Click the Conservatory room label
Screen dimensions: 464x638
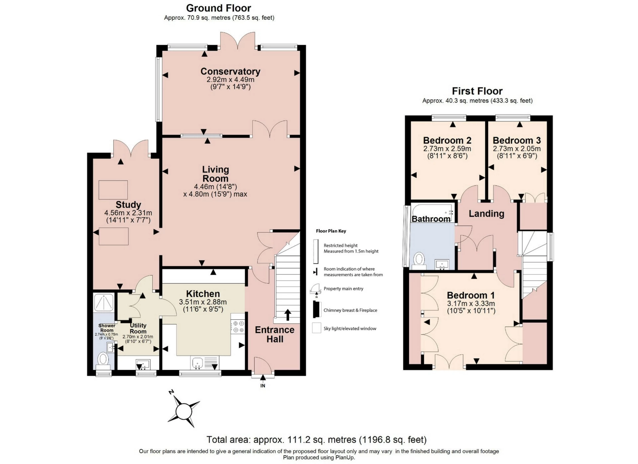230,71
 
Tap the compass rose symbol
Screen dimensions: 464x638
184,412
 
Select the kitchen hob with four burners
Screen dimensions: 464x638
238,326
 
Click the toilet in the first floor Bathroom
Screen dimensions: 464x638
419,260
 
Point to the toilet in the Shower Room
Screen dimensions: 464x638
103,359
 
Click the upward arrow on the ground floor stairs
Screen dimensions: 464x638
288,314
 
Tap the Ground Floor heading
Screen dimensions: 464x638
218,8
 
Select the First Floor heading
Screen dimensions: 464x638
477,91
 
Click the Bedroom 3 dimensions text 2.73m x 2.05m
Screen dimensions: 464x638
517,149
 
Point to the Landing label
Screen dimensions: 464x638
486,214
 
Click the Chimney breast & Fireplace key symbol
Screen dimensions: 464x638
316,310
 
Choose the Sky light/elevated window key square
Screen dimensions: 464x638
316,328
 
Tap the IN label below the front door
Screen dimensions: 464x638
263,386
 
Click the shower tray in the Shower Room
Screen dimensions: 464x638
104,302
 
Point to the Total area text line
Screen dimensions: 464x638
316,440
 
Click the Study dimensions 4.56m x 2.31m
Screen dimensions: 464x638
128,213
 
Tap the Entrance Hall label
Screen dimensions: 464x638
274,334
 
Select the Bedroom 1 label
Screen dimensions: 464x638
471,295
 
